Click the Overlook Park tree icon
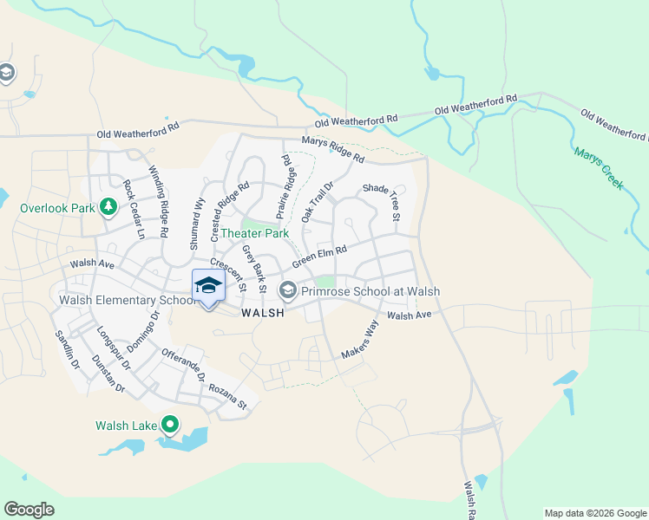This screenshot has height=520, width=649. coord(108,207)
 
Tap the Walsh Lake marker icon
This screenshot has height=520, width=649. coord(171,425)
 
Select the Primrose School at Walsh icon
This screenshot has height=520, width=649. coord(287,289)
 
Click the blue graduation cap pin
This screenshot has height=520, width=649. coord(208,287)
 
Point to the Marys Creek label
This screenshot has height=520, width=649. coord(598,168)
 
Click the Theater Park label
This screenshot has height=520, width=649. coord(253,234)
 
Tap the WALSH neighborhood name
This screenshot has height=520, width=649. coord(262,313)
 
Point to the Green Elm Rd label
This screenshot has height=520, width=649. coord(319,257)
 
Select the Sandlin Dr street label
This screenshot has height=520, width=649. coord(66,350)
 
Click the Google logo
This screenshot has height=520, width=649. coord(29,510)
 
